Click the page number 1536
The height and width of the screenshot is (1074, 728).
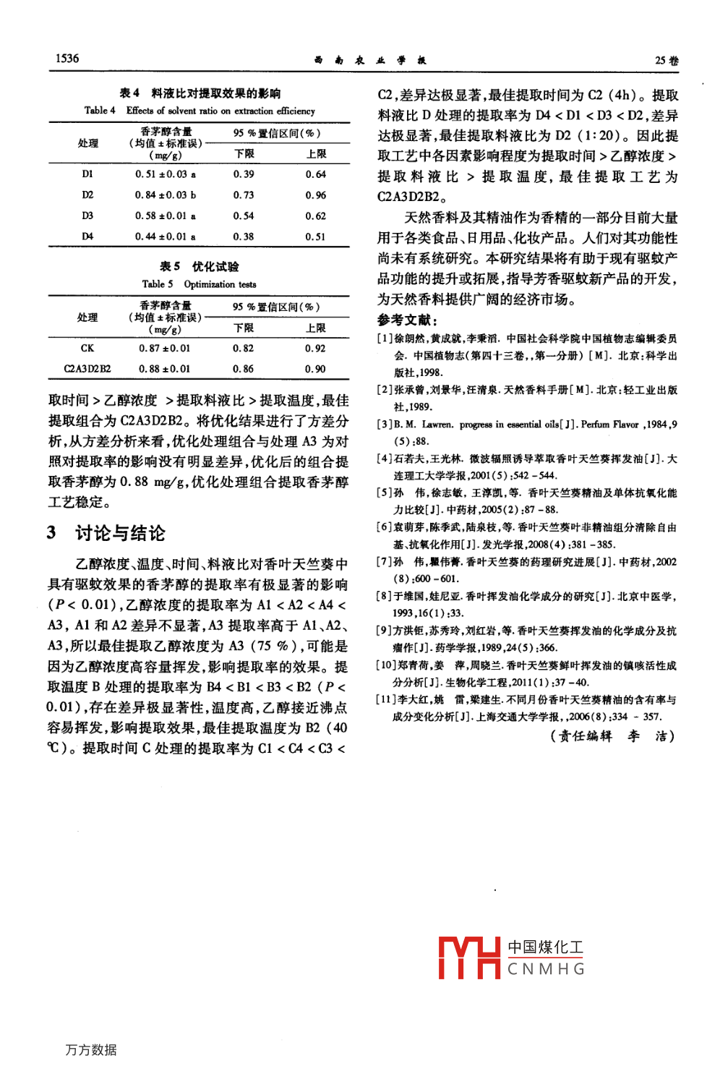click(67, 59)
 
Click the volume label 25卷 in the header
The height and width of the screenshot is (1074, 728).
click(667, 61)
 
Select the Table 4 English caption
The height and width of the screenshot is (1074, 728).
click(200, 111)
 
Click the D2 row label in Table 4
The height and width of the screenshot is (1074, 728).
click(87, 195)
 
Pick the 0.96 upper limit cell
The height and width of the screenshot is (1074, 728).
click(315, 195)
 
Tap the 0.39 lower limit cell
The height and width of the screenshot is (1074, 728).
click(244, 174)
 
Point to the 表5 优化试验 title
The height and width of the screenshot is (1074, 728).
click(199, 266)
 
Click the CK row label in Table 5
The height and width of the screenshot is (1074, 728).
click(87, 348)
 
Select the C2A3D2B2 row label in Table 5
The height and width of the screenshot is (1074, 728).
click(87, 369)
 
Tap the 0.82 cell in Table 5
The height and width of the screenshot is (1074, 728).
click(244, 348)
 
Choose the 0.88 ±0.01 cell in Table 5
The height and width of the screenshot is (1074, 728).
click(165, 369)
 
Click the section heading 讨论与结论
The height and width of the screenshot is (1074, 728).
click(120, 533)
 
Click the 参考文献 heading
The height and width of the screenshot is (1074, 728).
click(407, 320)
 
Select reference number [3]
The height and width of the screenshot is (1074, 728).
click(385, 425)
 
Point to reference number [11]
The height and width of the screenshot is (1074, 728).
click(387, 699)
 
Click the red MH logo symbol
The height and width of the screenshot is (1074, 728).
click(469, 958)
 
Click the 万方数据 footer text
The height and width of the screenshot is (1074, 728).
click(91, 1049)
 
